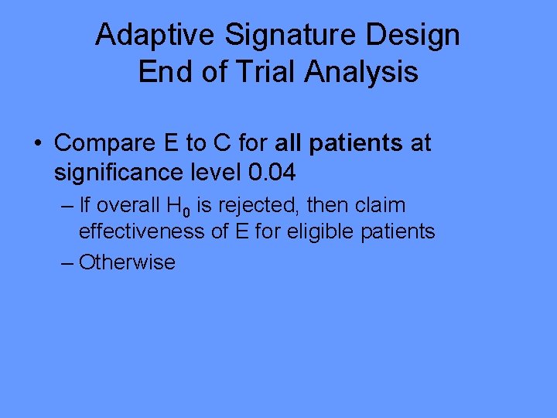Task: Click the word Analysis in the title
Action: [x=361, y=72]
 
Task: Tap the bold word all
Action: [x=291, y=143]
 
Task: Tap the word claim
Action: [x=379, y=206]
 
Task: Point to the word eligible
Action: [x=322, y=231]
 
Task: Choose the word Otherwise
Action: [x=127, y=262]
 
